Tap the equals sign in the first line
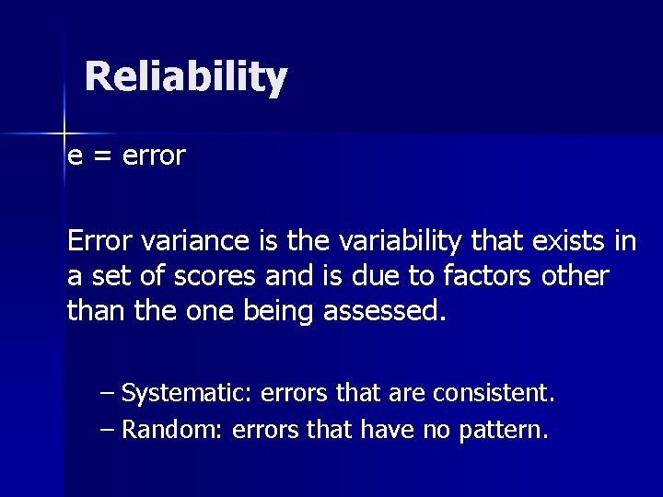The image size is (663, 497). click(100, 156)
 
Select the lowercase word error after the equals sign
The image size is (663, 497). click(153, 156)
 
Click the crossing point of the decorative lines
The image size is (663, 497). click(64, 133)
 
